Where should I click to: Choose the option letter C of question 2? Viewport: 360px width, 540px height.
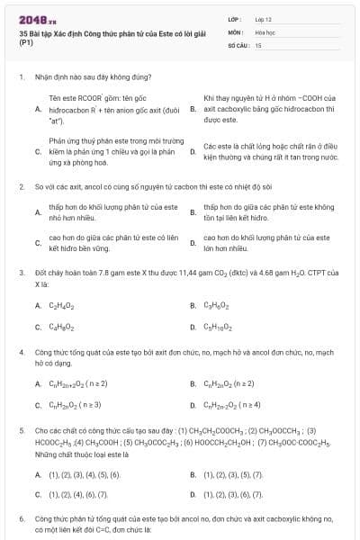coord(38,242)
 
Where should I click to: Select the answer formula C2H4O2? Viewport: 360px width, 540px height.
coord(62,305)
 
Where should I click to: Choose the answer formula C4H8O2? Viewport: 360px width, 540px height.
coord(62,327)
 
